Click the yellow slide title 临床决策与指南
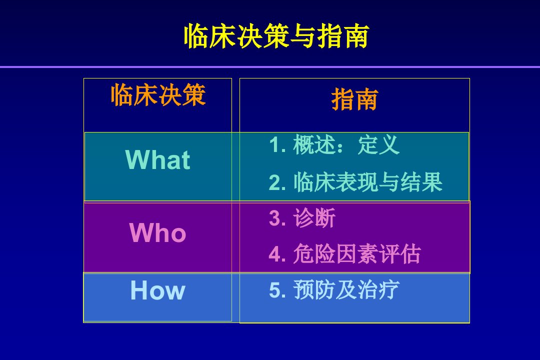tap(276, 36)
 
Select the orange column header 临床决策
tap(158, 94)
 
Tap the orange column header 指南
tap(354, 99)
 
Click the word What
tap(157, 159)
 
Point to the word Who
tap(157, 233)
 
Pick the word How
tap(157, 290)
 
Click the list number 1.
tap(277, 144)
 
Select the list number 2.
tap(277, 182)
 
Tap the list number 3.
tap(277, 218)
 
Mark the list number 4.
tap(277, 254)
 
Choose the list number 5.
tap(277, 289)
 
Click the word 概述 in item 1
tap(314, 144)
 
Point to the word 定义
tap(378, 144)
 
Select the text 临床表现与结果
tap(368, 182)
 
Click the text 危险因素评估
tap(357, 254)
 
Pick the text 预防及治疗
tap(346, 289)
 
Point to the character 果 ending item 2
tap(432, 182)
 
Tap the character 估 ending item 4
tap(410, 254)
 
